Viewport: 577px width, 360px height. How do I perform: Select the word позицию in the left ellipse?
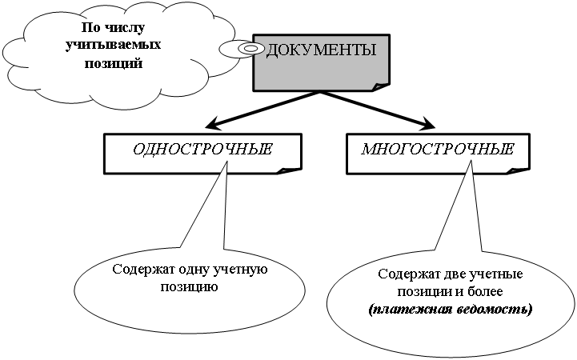click(x=190, y=285)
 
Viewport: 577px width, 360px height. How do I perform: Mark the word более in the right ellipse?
click(x=484, y=291)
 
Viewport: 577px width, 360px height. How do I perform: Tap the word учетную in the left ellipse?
click(x=240, y=270)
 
